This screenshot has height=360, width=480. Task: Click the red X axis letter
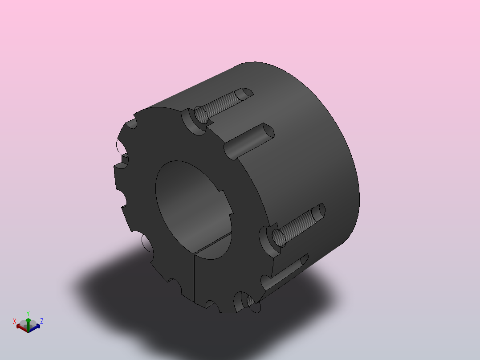pos(14,321)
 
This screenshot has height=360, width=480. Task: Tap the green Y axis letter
pos(28,313)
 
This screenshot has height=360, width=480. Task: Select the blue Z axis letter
pos(42,321)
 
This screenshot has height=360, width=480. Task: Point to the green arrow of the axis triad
pos(28,324)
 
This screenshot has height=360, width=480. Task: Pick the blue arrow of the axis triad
pos(35,327)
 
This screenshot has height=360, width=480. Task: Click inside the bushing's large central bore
pos(193,209)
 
